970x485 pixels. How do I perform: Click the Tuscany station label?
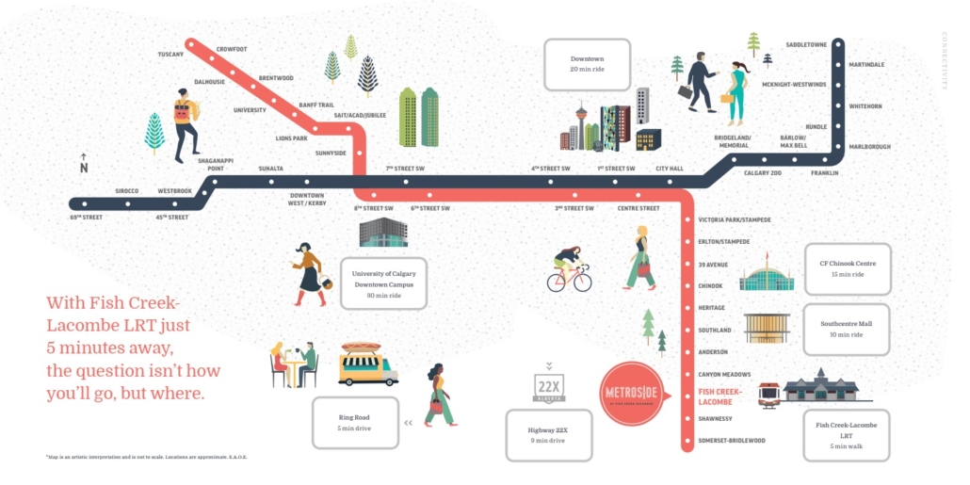click(170, 55)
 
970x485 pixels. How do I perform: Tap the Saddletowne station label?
click(806, 43)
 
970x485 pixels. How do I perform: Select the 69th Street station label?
click(86, 218)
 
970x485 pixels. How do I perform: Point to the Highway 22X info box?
click(549, 435)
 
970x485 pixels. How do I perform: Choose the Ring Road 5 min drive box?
click(355, 423)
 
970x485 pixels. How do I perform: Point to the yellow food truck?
click(367, 363)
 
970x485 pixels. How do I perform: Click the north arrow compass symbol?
click(83, 164)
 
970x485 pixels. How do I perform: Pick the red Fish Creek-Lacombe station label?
click(720, 396)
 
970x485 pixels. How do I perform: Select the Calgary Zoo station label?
click(763, 173)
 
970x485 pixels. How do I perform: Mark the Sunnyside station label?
click(331, 153)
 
